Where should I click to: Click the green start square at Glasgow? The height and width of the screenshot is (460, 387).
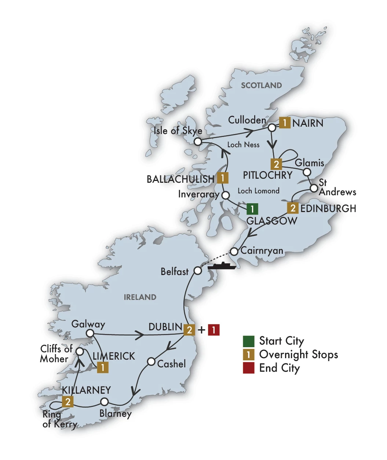click(x=252, y=209)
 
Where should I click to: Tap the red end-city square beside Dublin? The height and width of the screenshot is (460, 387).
click(x=213, y=330)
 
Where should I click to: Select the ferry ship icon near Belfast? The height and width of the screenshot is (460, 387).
click(x=222, y=266)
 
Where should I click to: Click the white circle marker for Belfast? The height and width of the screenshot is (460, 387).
click(x=198, y=271)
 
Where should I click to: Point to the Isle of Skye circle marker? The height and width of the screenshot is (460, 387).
click(x=198, y=141)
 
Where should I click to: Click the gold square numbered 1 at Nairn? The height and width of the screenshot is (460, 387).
click(x=285, y=123)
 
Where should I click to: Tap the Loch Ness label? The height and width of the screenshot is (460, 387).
click(x=243, y=145)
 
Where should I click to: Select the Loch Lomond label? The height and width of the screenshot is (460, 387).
click(x=258, y=191)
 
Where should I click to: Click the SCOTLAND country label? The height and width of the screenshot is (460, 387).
click(x=261, y=85)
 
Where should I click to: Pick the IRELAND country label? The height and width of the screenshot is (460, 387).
click(x=140, y=297)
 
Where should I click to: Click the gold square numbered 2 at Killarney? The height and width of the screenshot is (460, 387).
click(x=67, y=402)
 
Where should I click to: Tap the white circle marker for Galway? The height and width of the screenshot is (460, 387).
click(x=90, y=333)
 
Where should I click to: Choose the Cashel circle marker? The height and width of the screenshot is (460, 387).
click(x=151, y=361)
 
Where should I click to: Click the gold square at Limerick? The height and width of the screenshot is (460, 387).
click(x=103, y=367)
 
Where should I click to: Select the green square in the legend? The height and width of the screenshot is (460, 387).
click(x=248, y=341)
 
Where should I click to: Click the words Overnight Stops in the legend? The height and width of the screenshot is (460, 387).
click(x=298, y=355)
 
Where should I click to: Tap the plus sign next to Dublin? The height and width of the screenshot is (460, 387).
click(x=201, y=330)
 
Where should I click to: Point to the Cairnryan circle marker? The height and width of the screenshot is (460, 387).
click(x=234, y=252)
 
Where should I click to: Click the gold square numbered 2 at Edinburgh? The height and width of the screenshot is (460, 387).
click(x=292, y=208)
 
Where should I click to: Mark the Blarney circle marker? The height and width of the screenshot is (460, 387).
click(x=105, y=401)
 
